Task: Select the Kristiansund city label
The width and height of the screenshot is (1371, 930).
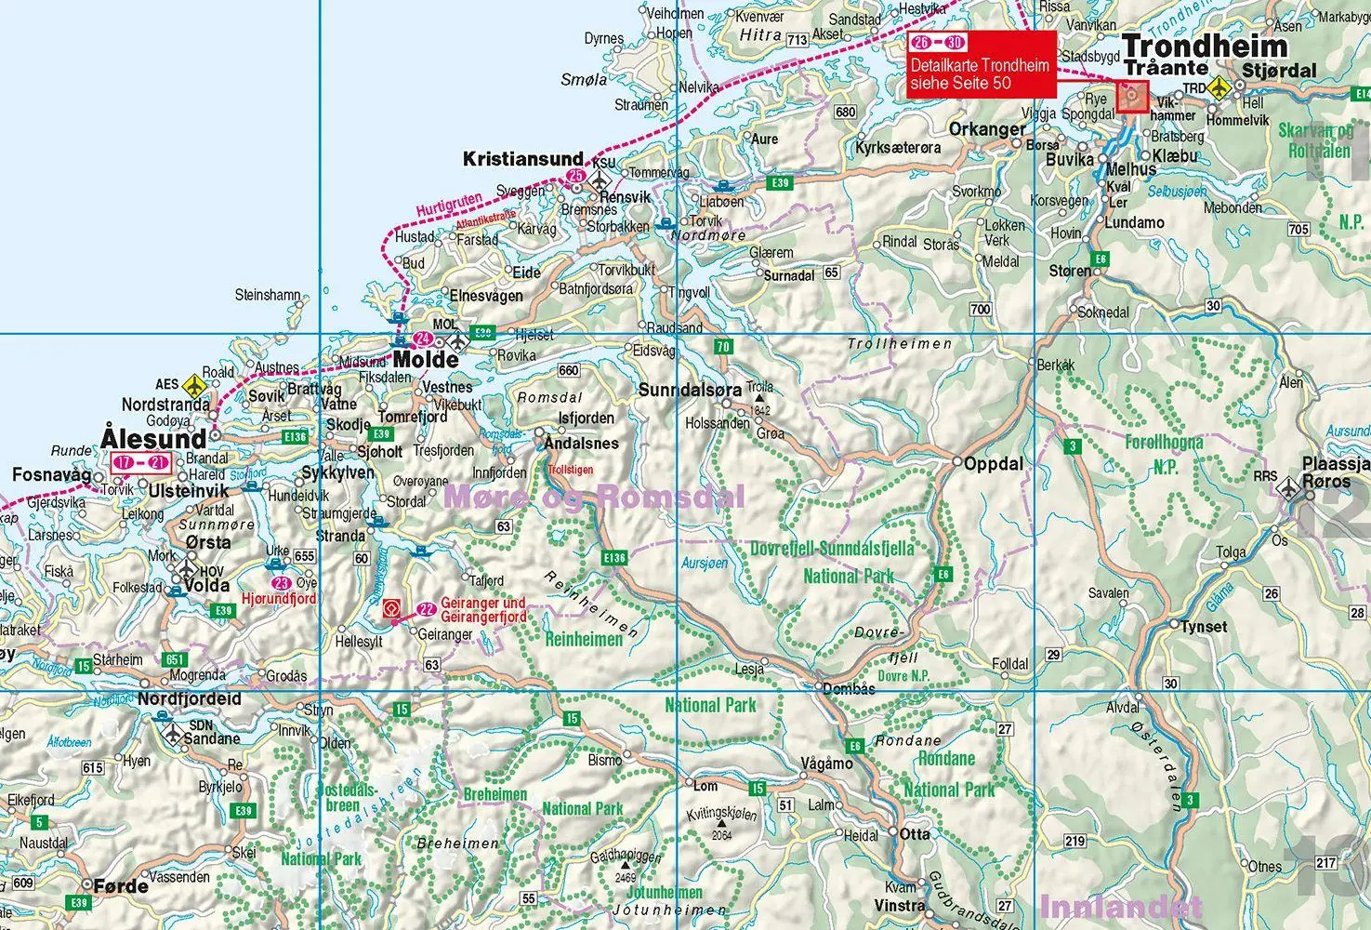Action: click(x=523, y=160)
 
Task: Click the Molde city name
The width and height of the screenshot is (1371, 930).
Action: click(x=426, y=360)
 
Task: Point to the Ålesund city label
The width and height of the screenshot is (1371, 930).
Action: click(x=153, y=438)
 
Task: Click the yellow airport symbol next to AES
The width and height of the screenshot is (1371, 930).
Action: click(x=193, y=384)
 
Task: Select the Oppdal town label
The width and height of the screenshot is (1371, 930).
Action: click(x=994, y=463)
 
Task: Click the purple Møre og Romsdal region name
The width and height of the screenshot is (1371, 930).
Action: click(x=595, y=497)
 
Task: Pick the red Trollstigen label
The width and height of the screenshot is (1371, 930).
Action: click(x=570, y=471)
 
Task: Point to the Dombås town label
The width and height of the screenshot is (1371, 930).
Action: click(x=850, y=689)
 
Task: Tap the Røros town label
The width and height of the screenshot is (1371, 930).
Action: click(x=1326, y=482)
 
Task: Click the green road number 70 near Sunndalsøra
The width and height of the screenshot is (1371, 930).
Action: click(x=723, y=347)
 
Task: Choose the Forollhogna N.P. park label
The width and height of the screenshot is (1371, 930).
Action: click(x=1164, y=454)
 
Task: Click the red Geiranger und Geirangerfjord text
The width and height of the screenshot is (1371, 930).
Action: click(x=483, y=609)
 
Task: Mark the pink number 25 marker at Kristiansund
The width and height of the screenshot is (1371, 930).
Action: click(x=575, y=175)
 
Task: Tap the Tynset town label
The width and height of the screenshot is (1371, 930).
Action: click(x=1204, y=627)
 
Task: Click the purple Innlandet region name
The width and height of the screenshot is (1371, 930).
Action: click(x=1120, y=905)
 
